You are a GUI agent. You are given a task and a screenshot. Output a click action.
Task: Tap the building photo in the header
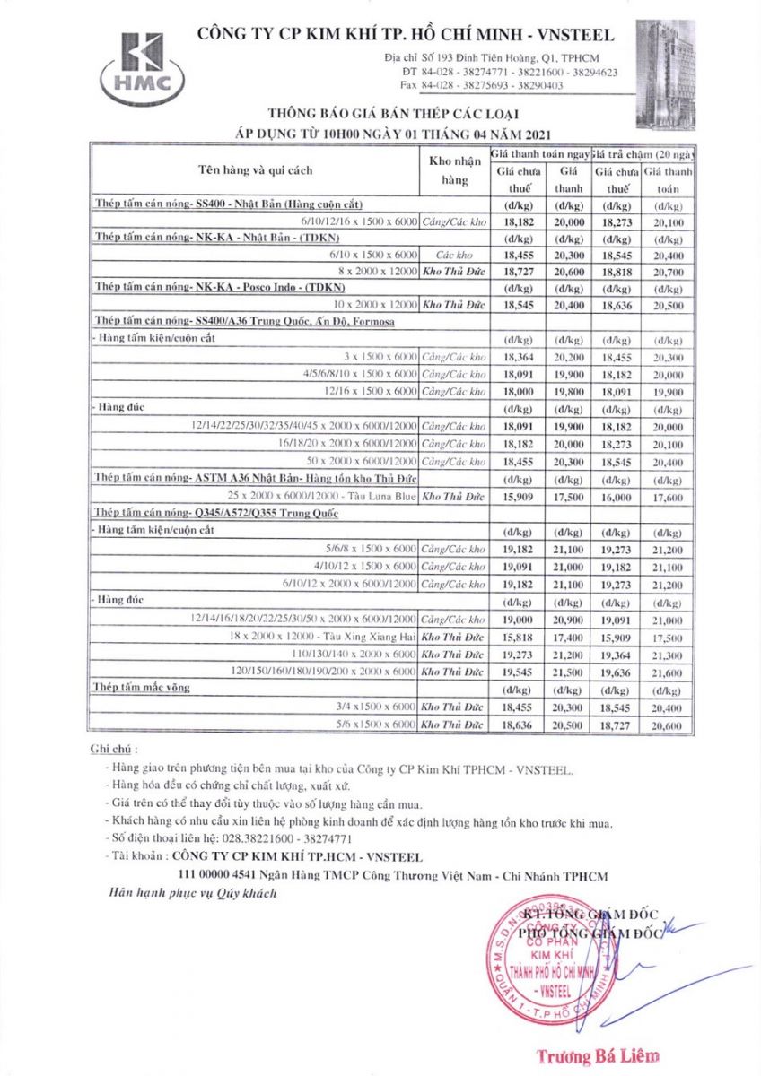click(665, 74)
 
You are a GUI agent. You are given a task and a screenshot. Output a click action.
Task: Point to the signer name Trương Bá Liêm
click(597, 1055)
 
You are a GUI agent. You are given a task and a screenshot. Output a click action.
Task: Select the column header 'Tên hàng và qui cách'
click(256, 170)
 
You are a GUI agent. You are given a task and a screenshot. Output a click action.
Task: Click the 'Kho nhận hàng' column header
click(456, 170)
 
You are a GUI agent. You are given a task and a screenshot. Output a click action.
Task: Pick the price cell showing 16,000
click(617, 498)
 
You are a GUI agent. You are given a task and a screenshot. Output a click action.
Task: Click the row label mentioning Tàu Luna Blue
click(323, 498)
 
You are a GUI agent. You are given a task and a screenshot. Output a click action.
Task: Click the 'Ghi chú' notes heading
click(114, 750)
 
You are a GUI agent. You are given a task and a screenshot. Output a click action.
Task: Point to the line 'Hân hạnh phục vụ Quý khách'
click(193, 893)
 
